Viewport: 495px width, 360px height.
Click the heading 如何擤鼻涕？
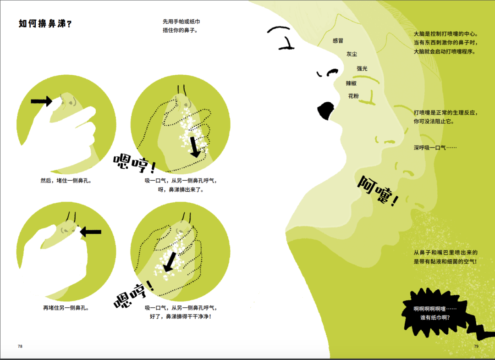click(45, 23)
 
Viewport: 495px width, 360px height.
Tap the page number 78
click(20, 346)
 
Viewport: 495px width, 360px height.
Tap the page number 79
click(476, 346)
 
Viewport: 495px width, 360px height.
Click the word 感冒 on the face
click(338, 41)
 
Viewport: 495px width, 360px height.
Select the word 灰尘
click(352, 54)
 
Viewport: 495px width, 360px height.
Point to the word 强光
click(362, 68)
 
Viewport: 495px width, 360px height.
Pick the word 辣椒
click(351, 83)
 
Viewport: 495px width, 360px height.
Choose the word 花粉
click(353, 96)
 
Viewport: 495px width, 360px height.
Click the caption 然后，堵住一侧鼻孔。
click(66, 181)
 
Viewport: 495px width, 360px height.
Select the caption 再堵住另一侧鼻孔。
click(66, 308)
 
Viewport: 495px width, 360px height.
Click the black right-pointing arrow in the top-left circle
click(41, 101)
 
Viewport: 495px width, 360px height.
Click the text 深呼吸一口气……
click(435, 148)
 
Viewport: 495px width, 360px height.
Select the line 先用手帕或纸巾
click(181, 22)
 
